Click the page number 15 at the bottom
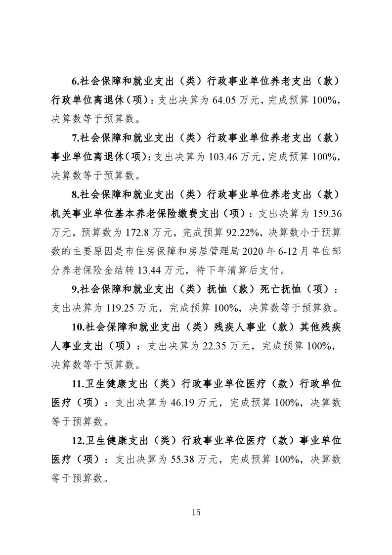point(196,512)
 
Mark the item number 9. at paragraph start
point(76,289)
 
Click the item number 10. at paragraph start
point(80,327)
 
